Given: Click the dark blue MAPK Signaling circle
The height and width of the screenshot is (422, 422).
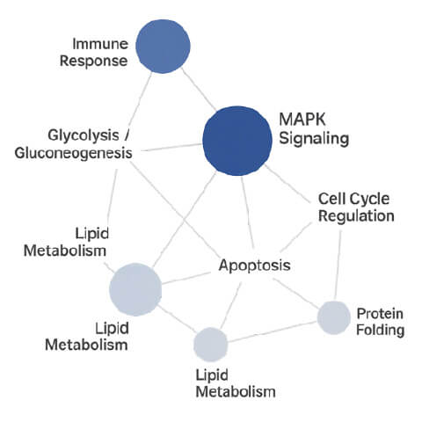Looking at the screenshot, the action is tap(237, 141).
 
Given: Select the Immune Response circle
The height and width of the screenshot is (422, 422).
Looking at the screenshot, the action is tap(163, 47).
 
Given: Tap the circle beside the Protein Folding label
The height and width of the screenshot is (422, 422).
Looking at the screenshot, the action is tap(334, 317).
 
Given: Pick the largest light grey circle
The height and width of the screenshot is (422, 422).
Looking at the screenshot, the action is tap(135, 289).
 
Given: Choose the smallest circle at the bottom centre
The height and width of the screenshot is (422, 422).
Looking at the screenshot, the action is tap(211, 345).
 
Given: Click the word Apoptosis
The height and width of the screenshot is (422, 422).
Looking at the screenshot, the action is tap(255, 266).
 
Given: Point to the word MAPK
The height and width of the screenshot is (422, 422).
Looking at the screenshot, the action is tap(302, 120).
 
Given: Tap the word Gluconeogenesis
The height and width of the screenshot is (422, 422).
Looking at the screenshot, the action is tap(74, 153).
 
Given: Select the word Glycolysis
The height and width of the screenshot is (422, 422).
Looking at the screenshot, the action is tap(84, 135).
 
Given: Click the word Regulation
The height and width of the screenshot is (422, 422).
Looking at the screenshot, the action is tap(356, 216).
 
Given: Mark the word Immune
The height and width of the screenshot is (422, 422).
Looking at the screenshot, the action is tap(100, 44).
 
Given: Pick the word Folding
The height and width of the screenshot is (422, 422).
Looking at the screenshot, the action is tap(380, 330).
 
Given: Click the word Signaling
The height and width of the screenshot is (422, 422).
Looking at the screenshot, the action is tap(314, 138).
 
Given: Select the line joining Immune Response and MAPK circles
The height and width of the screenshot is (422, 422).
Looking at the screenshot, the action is tap(200, 90).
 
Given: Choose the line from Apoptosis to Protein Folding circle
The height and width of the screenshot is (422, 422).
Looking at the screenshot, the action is tap(296, 294).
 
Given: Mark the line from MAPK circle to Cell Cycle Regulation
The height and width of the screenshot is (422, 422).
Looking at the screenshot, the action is tap(287, 184).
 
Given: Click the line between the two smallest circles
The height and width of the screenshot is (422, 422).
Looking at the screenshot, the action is tap(273, 331).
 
